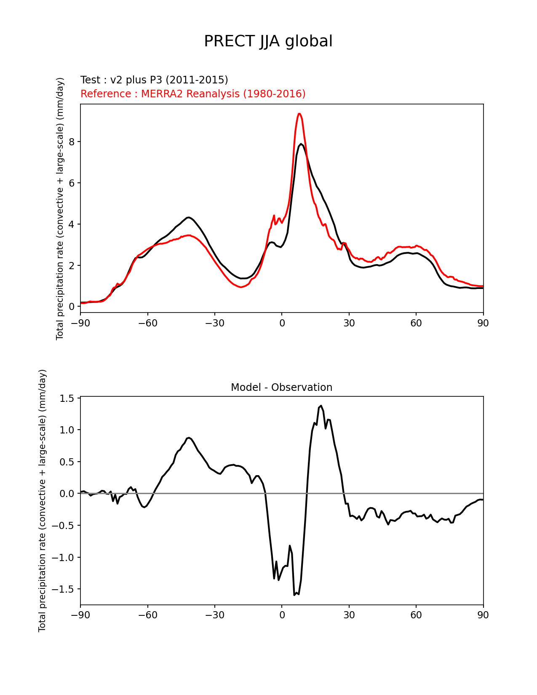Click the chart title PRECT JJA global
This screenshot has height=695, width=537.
click(268, 41)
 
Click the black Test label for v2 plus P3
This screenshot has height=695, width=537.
click(154, 80)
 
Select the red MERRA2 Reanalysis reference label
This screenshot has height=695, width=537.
click(193, 94)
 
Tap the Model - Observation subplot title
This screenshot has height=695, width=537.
click(281, 388)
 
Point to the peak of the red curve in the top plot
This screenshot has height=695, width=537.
click(299, 114)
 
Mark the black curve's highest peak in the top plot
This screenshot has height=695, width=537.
click(301, 144)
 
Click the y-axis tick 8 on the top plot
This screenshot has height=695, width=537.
click(72, 142)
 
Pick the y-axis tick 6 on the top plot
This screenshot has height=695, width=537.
click(72, 183)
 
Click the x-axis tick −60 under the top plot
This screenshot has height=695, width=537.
click(147, 323)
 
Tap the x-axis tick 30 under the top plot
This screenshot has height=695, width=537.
click(349, 323)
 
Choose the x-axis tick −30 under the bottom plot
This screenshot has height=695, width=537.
click(214, 615)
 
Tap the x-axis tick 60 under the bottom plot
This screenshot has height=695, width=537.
click(416, 615)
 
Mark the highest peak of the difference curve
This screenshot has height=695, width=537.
click(321, 406)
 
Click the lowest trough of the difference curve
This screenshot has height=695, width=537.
click(294, 595)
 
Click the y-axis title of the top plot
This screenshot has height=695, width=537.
click(60, 208)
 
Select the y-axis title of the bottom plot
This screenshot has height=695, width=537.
click(42, 500)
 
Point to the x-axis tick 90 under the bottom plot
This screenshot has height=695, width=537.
click(483, 615)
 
